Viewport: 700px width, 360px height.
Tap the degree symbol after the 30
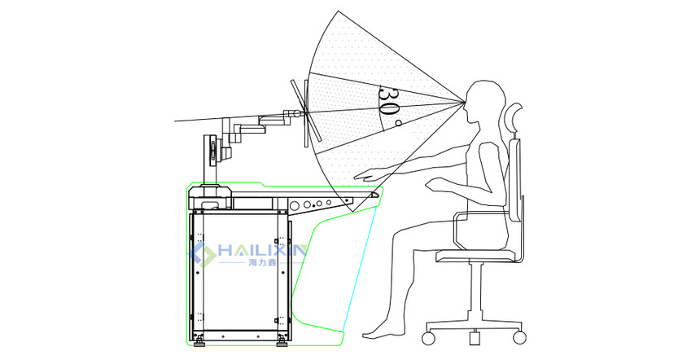[398, 122]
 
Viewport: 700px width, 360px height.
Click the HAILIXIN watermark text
[261, 251]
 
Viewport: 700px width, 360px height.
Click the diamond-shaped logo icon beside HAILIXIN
[202, 254]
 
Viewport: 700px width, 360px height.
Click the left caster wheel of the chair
[428, 338]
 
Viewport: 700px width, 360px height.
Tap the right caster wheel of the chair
[519, 338]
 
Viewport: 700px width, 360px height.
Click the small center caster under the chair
[474, 337]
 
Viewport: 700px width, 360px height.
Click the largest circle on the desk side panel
[295, 206]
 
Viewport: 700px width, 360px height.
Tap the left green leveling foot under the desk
[199, 343]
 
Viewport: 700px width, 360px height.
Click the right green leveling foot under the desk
[282, 343]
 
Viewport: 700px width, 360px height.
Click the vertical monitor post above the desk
[209, 160]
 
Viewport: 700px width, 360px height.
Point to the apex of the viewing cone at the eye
[463, 102]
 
